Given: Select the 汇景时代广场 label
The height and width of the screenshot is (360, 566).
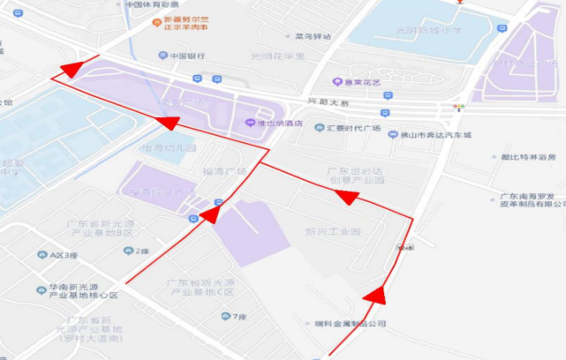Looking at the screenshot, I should [x=346, y=128].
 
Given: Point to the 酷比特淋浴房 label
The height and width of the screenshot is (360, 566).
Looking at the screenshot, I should [x=528, y=157].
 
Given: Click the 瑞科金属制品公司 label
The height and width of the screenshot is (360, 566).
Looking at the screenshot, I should [x=351, y=324].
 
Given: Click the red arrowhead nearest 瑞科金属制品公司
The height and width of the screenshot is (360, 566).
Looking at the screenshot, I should [x=375, y=294].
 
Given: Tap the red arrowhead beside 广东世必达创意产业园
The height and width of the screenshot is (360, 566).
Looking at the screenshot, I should [x=345, y=196].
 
